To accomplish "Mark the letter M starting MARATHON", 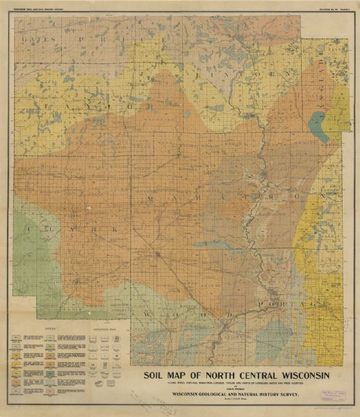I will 149,199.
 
